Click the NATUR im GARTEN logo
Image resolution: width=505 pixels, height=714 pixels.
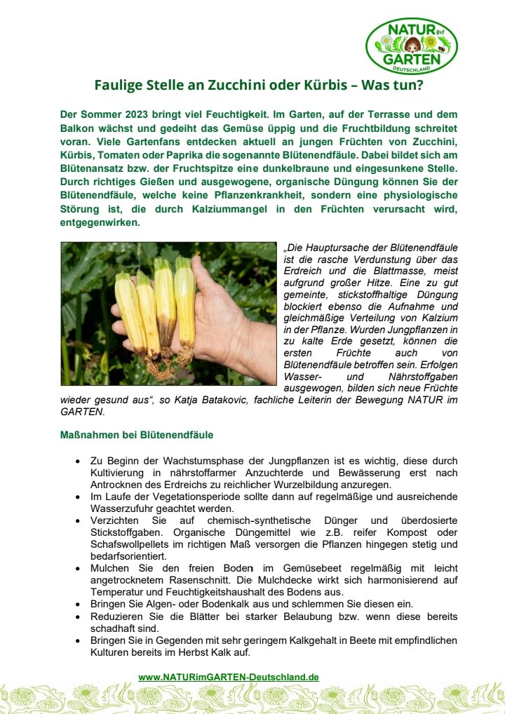pos(412,46)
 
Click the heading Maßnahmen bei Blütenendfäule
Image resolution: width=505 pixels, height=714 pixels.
pos(137,435)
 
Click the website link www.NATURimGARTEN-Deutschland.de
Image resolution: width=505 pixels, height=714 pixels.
pos(229,677)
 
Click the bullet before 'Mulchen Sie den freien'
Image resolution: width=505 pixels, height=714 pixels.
pos(77,569)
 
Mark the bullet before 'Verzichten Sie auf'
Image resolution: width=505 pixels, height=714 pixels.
pos(77,520)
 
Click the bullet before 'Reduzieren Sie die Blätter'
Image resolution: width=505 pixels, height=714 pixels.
pos(77,617)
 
